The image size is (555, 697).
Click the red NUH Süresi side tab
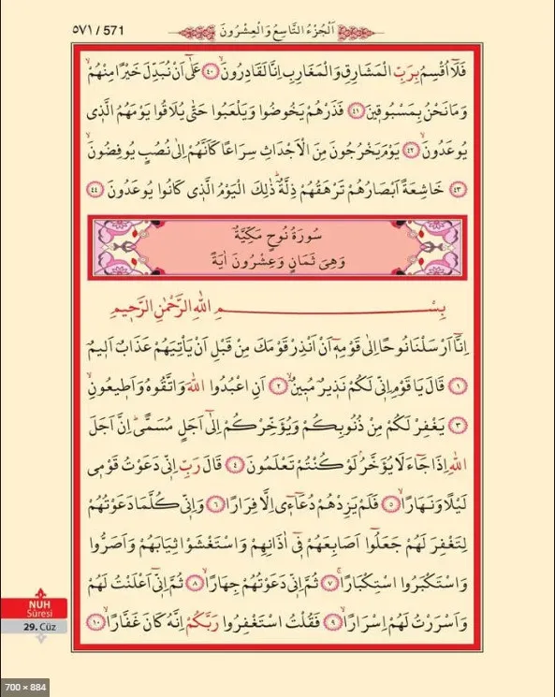pos(37,612)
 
